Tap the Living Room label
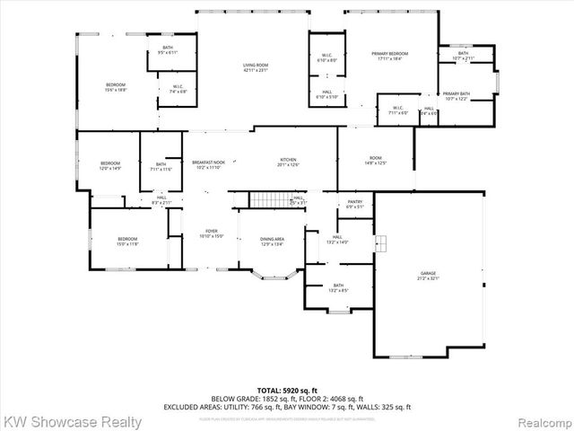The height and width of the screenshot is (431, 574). pos(256,67)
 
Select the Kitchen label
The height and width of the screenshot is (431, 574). pos(288,163)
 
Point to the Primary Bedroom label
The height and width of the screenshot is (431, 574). pos(390,57)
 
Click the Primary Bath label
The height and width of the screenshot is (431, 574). pos(456,96)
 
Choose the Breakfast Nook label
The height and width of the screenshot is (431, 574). pos(208,165)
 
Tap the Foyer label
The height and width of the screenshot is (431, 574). pos(212,233)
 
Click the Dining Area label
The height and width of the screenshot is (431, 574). pos(272,241)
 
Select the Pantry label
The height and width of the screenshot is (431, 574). pos(355,204)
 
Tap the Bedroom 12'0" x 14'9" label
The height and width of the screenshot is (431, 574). pos(109,165)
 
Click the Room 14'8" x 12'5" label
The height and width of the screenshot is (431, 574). pos(376,161)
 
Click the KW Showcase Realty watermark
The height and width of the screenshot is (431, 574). pos(72,420)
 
